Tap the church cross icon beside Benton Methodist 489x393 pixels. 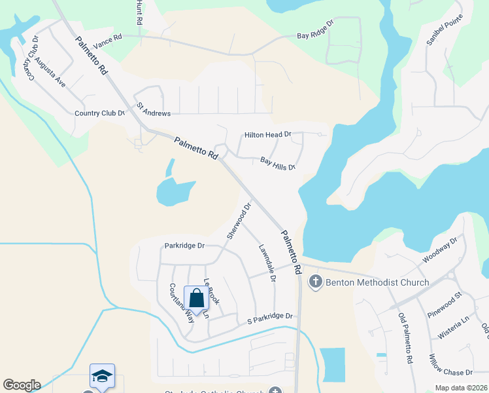316,282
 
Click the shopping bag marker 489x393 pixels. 196,299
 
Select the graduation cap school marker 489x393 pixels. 102,376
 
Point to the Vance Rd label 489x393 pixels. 108,42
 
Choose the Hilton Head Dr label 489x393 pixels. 267,135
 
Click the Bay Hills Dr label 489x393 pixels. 278,163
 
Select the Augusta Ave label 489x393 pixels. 51,73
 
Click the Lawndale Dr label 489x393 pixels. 267,263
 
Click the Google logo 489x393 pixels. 22,385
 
